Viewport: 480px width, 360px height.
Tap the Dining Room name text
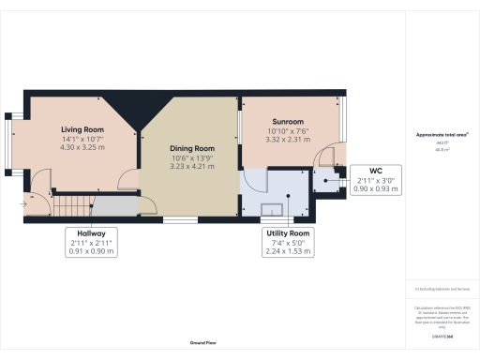tap(192, 148)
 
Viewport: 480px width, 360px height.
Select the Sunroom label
tap(288, 122)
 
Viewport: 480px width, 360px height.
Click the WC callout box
tap(378, 179)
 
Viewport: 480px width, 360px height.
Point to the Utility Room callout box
tap(287, 242)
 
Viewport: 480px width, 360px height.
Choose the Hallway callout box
tap(91, 242)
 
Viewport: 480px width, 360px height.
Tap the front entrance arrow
tap(23, 202)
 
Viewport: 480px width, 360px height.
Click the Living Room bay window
tap(11, 144)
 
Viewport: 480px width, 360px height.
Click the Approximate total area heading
tap(442, 135)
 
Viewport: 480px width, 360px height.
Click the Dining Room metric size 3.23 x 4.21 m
tap(192, 166)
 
